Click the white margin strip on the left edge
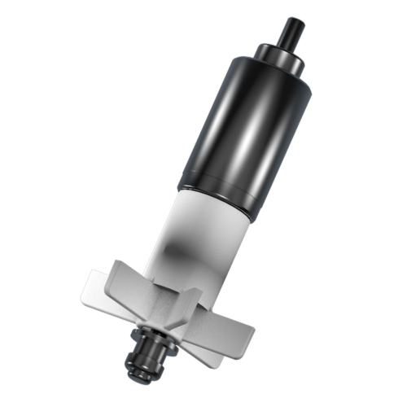(x=29, y=203)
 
